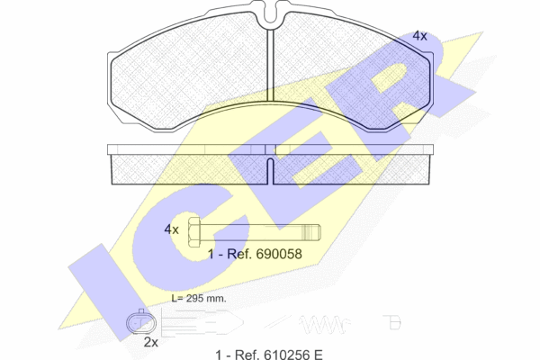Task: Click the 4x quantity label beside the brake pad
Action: pyautogui.click(x=419, y=35)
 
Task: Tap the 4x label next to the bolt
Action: pyautogui.click(x=171, y=229)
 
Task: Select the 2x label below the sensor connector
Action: pyautogui.click(x=151, y=342)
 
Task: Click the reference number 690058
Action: pyautogui.click(x=280, y=254)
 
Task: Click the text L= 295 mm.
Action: pyautogui.click(x=199, y=298)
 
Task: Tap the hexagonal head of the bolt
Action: pyautogui.click(x=194, y=232)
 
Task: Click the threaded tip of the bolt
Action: pyautogui.click(x=311, y=232)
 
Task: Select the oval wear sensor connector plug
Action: pyautogui.click(x=141, y=322)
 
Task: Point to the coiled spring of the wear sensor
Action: pyautogui.click(x=323, y=324)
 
